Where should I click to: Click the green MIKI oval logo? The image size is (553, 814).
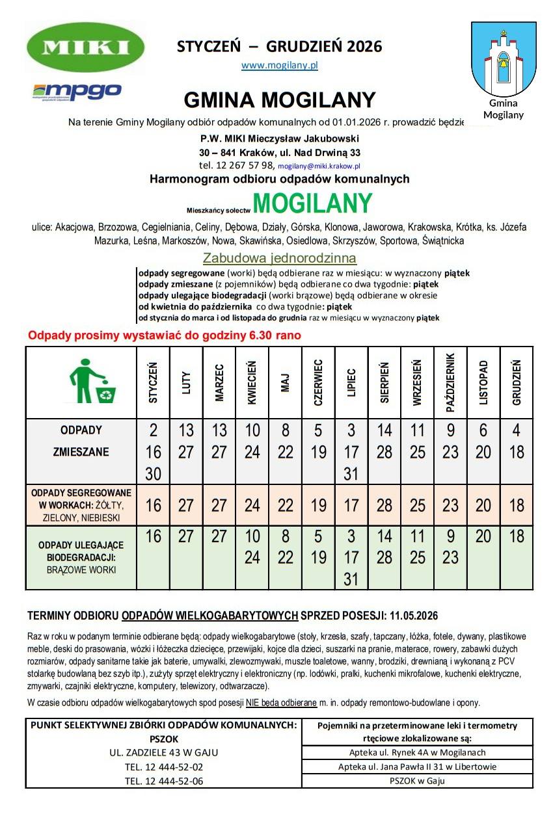[x=85, y=47]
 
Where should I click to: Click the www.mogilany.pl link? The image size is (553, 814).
[x=279, y=65]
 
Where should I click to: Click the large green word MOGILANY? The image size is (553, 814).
[x=312, y=203]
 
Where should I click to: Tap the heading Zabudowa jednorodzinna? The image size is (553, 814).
[x=280, y=258]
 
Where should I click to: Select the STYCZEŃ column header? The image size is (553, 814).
[x=154, y=383]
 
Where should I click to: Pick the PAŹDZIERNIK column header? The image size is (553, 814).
[x=450, y=383]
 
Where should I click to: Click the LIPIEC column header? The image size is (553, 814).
[x=351, y=383]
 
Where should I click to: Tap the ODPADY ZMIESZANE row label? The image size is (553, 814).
[x=81, y=441]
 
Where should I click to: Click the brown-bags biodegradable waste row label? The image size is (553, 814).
[x=81, y=557]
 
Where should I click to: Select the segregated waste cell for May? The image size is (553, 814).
[x=286, y=505]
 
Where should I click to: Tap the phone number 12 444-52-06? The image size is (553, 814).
[x=164, y=781]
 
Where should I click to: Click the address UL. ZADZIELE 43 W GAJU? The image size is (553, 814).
[x=164, y=753]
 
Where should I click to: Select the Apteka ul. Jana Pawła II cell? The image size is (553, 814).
[x=417, y=767]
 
